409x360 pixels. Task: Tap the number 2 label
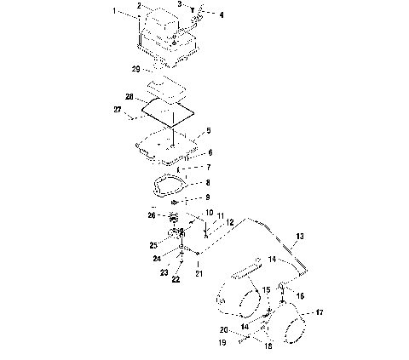click(x=138, y=6)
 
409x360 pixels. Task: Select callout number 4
click(x=210, y=14)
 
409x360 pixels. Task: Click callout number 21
click(x=199, y=273)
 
